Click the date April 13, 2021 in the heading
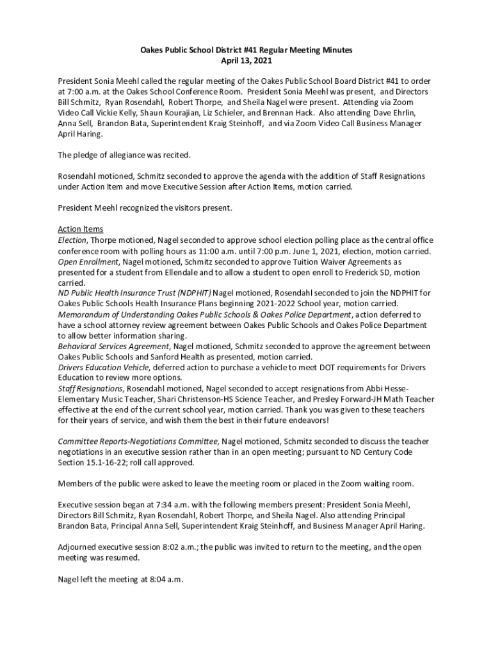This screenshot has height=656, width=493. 246,61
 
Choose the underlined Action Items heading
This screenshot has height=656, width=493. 80,229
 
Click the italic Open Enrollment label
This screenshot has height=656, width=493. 88,261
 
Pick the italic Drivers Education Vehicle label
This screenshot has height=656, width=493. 104,367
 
